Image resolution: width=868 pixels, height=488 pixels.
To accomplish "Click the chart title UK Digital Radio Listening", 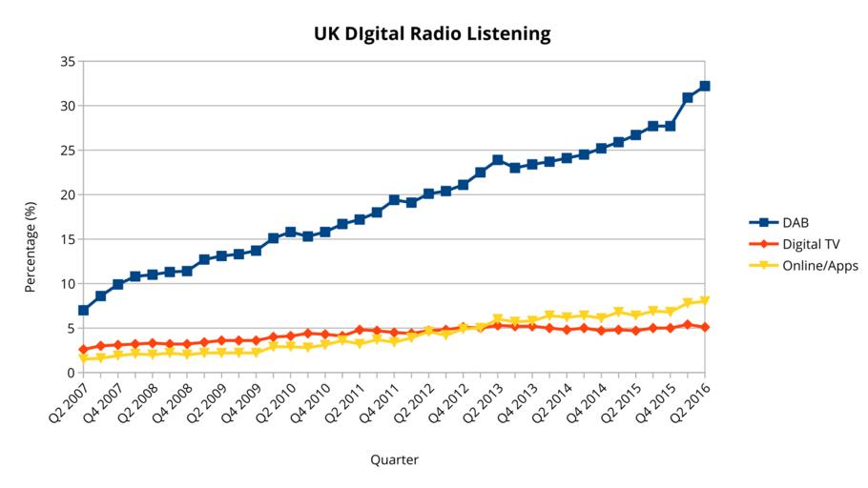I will tap(432, 34).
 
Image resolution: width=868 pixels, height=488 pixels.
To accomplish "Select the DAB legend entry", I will tap(796, 222).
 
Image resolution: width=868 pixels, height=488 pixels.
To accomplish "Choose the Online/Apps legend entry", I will tap(820, 266).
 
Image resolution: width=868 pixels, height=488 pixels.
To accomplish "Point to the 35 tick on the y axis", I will tap(67, 61).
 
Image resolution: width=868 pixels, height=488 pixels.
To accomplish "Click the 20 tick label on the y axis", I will tap(67, 194).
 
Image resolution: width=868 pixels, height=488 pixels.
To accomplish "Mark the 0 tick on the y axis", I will tap(71, 373).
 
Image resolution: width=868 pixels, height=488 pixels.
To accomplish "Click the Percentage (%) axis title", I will tap(31, 246).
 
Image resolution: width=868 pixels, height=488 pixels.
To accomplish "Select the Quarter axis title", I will tap(394, 459).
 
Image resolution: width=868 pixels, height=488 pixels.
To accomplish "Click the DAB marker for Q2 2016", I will tap(705, 86).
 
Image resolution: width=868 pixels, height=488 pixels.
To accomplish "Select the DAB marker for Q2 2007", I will tap(83, 310).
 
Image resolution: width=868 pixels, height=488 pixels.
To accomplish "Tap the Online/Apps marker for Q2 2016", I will tap(705, 301).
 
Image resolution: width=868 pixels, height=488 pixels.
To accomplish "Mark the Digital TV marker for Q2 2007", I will tap(83, 350).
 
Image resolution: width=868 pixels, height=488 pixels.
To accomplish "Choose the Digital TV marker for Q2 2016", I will tap(705, 327).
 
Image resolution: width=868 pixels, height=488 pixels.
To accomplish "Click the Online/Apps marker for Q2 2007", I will tap(83, 359).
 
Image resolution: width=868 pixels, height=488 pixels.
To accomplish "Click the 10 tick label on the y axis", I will tap(67, 284).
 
